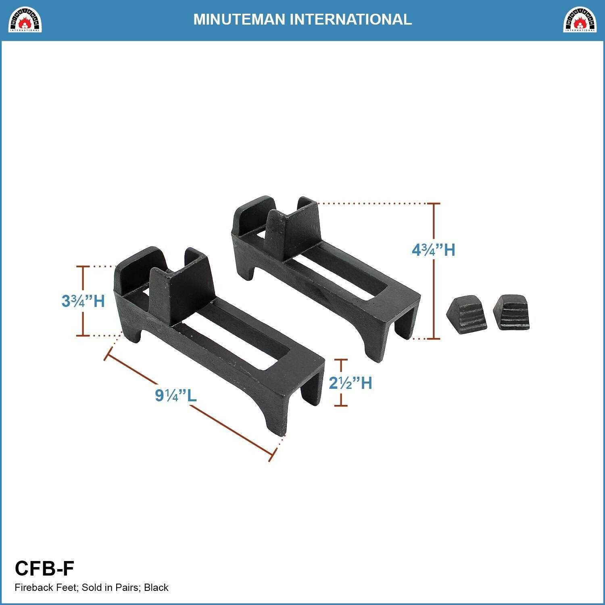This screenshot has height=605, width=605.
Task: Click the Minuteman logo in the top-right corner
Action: click(x=580, y=19)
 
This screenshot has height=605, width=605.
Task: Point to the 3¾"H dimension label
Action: click(x=83, y=301)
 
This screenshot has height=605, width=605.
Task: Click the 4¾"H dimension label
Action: click(x=433, y=250)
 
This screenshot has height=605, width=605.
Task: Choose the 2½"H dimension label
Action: click(x=350, y=383)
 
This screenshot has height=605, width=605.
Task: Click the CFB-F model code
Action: click(x=44, y=569)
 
